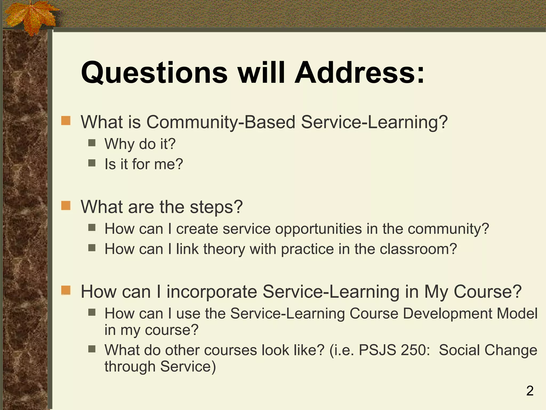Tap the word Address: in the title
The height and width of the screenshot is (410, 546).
[359, 73]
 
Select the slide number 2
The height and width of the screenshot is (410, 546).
[530, 391]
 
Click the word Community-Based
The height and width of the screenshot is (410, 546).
[221, 122]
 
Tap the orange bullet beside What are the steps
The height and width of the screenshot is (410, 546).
[66, 206]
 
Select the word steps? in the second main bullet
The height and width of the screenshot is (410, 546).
[216, 207]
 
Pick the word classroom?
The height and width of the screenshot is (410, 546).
[418, 249]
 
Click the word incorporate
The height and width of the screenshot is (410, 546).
[212, 291]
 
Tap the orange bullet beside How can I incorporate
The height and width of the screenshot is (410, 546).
[66, 290]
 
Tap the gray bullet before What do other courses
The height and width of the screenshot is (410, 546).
[92, 349]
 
